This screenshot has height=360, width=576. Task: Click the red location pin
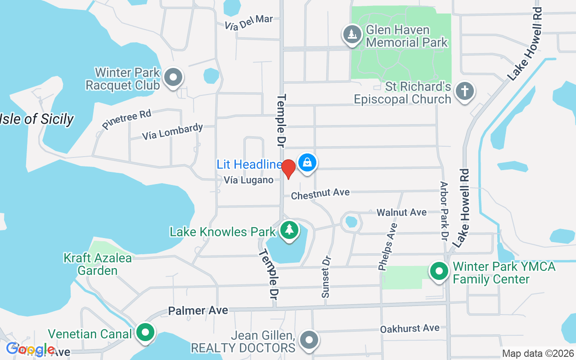[x=288, y=168]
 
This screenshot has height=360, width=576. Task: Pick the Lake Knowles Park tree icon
[x=289, y=230]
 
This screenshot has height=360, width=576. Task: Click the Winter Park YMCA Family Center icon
[x=439, y=271]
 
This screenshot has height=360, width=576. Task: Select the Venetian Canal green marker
[x=145, y=333]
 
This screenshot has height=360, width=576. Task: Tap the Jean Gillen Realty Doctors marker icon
[x=309, y=340]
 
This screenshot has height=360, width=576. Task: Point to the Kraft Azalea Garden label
[x=98, y=264]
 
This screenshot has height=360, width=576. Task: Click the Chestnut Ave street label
[x=320, y=194]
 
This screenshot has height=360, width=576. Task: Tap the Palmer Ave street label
[x=198, y=310]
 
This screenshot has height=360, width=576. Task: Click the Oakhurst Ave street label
[x=409, y=328]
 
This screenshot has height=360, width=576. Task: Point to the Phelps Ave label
[x=387, y=247]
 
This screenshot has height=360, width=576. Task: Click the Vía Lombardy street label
[x=172, y=131]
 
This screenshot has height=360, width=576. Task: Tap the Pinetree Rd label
[x=126, y=119]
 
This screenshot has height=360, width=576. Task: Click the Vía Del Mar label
[x=249, y=22]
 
